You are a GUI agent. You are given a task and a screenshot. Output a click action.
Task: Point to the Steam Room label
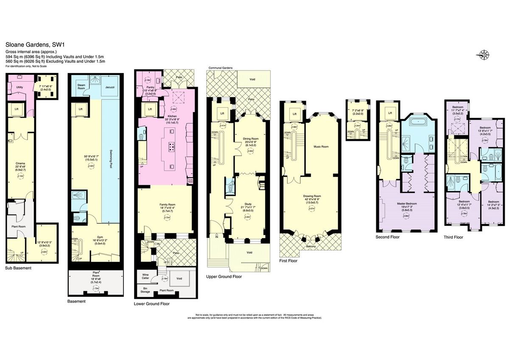point(81,87)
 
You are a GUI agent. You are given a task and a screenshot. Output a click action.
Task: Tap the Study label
point(248,204)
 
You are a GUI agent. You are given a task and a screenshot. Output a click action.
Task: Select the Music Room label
point(321,146)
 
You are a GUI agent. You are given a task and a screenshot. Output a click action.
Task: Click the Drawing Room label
point(311,196)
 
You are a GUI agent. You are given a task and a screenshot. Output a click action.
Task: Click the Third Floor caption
point(453,237)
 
